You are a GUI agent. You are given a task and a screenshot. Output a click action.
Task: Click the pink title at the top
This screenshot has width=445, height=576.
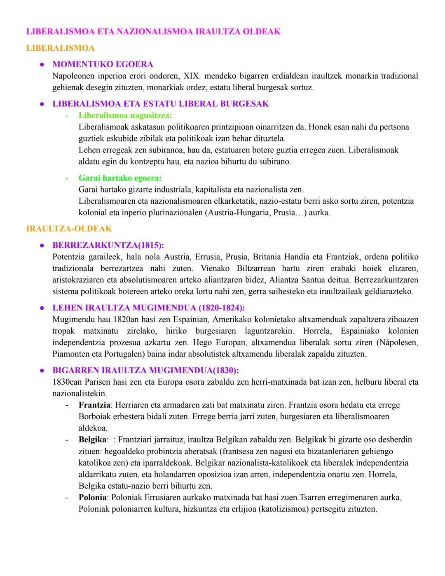coord(153,32)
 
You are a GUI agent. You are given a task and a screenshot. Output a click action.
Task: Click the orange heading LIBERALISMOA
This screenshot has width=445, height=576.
coord(60,48)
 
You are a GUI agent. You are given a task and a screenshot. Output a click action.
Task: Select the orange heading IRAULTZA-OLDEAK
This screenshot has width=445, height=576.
coord(69,229)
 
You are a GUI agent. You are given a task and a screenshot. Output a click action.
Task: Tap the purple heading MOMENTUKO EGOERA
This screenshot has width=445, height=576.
coord(103,64)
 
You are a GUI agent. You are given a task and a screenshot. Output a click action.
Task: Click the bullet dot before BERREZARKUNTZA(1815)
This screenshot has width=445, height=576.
coord(42,245)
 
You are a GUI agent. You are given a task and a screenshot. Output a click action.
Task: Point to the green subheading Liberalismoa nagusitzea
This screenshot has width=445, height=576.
coord(125,115)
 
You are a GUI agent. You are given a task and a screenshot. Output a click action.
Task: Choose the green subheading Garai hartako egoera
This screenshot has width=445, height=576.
coord(120,178)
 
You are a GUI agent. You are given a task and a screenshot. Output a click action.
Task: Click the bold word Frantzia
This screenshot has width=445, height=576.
coord(94,405)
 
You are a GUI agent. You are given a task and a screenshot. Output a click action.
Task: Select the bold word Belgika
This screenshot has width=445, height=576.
coord(92,440)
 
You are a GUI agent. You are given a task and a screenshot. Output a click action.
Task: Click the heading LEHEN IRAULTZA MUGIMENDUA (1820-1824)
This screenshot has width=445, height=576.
coord(148,308)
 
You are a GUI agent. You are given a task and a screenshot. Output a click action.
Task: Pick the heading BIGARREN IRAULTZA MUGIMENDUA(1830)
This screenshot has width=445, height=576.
coord(145,370)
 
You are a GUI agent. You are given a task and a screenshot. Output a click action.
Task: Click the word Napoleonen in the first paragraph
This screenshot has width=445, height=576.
coord(73,76)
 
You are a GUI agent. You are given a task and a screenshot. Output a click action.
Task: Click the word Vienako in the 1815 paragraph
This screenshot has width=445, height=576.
coord(215,268)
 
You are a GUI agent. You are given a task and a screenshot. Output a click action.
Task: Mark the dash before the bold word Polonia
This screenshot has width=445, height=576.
coord(67,497)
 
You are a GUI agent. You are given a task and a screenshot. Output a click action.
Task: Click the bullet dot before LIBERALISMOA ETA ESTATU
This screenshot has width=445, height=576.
coord(42,104)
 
